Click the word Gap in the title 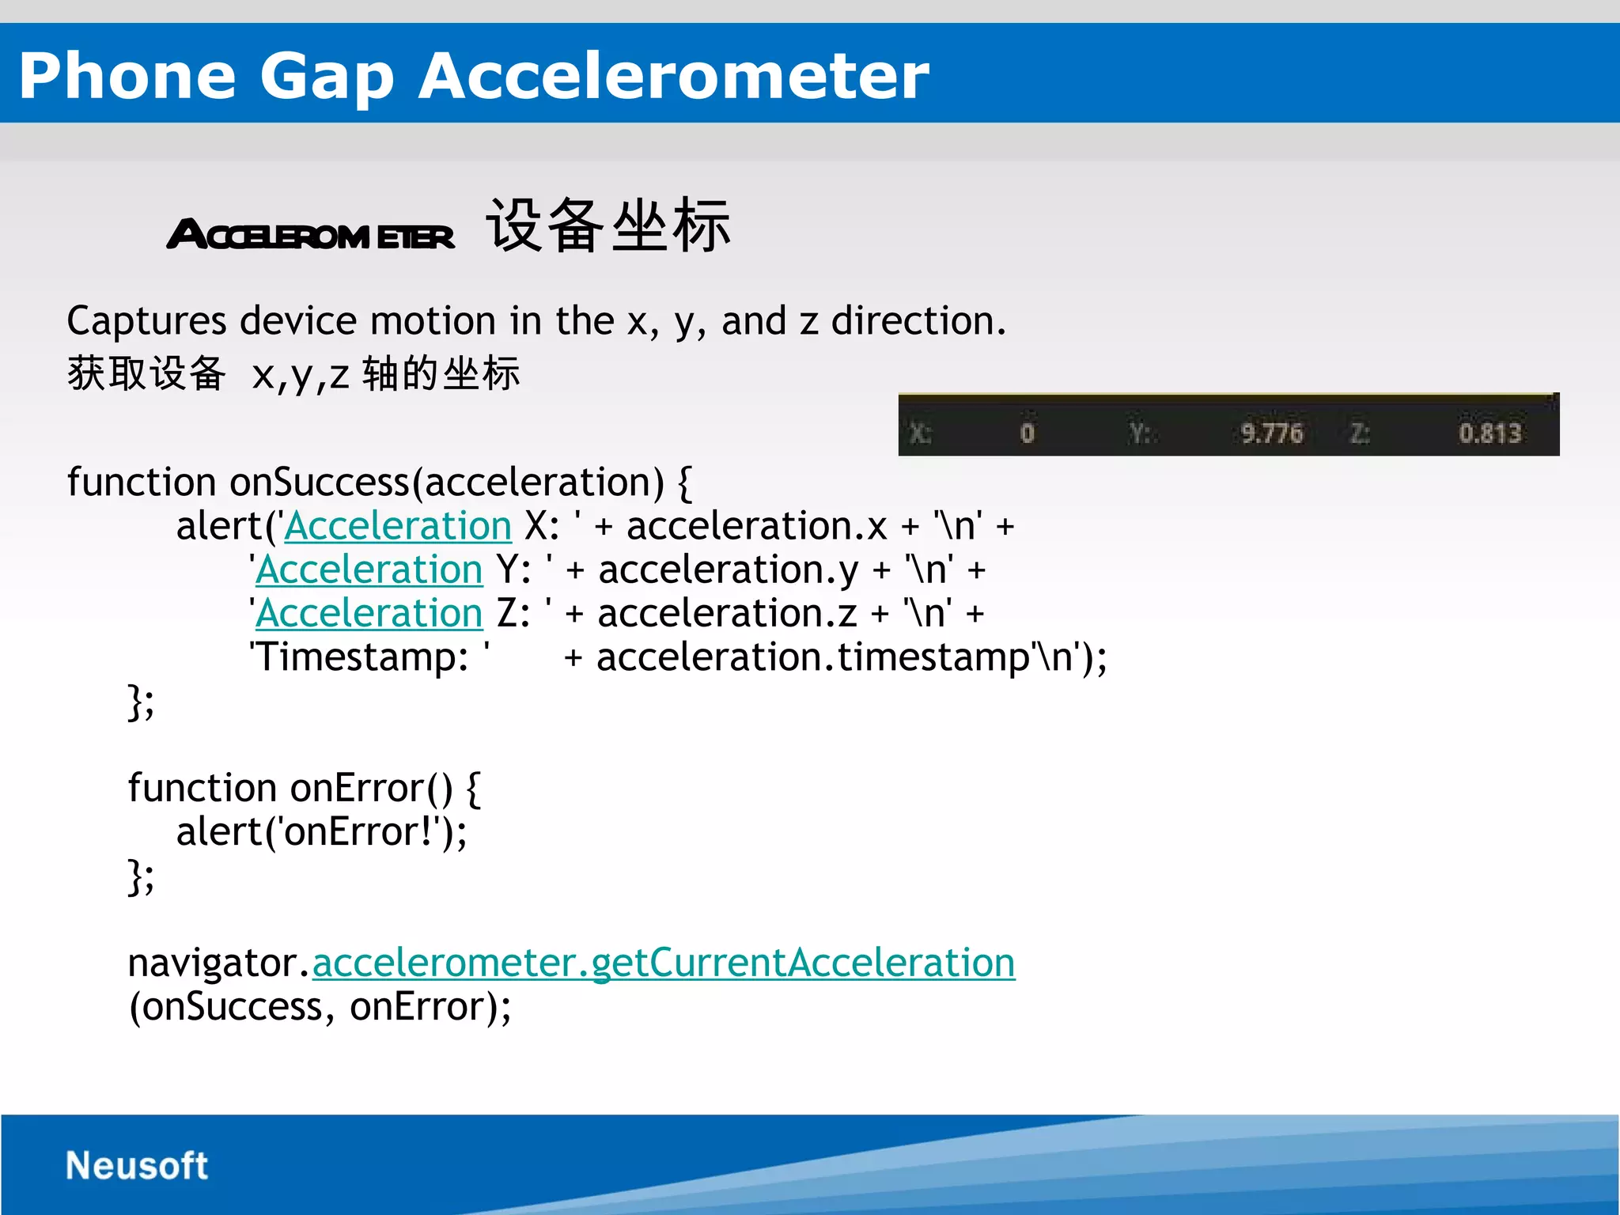(327, 77)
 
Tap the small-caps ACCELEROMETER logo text (311, 236)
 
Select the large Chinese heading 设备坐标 (607, 227)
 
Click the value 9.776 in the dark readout (1270, 433)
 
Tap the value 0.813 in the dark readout (1489, 433)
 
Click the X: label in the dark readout (920, 433)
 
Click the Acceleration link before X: (398, 527)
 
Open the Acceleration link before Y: (369, 570)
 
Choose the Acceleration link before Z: (369, 614)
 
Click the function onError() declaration (304, 789)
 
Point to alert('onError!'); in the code (321, 832)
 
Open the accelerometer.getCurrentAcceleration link (663, 963)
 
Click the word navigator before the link (213, 963)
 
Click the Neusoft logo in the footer (136, 1166)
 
